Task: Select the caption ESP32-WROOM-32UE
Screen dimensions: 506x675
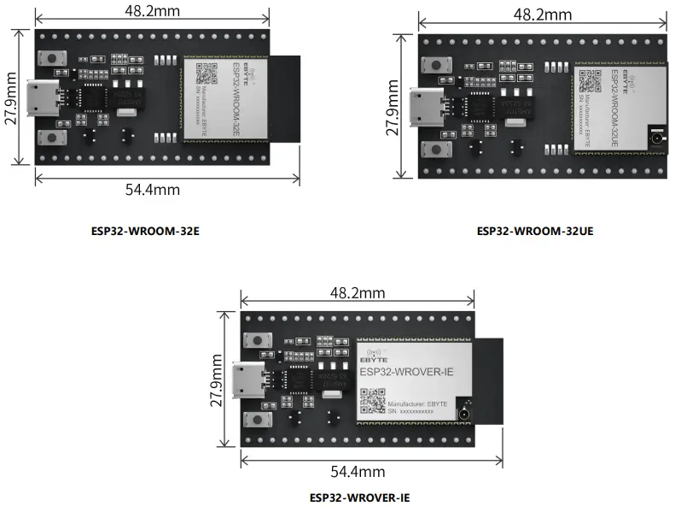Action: click(x=534, y=231)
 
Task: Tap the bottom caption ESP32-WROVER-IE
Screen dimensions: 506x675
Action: click(x=359, y=497)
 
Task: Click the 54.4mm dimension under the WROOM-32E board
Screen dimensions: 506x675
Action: click(x=153, y=190)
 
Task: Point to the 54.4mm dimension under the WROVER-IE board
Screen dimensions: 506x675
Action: click(x=358, y=471)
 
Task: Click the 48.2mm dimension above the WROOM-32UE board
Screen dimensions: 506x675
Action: click(x=543, y=15)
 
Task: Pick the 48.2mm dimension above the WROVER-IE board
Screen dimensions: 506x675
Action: click(x=358, y=292)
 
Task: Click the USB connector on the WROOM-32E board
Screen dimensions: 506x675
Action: click(x=43, y=99)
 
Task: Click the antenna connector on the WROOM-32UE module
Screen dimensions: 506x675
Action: click(x=657, y=135)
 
